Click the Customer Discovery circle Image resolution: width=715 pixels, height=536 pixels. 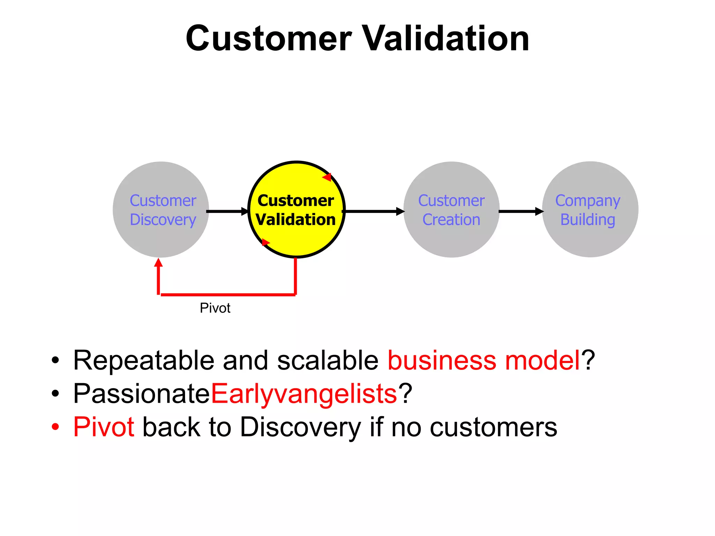point(161,210)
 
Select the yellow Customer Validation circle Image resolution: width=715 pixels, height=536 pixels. point(296,210)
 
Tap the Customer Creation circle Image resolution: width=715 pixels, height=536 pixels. point(451,210)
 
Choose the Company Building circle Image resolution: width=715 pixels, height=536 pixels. point(590,210)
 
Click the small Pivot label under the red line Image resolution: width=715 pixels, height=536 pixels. point(215,308)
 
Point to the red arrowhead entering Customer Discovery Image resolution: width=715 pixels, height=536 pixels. point(159,262)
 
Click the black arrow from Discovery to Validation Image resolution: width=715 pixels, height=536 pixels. point(227,211)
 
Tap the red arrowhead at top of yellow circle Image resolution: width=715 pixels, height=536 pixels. point(327,177)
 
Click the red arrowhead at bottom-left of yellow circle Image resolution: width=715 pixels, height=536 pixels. point(265,242)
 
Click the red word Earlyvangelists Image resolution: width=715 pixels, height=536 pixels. point(304,394)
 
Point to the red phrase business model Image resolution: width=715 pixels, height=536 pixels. point(484,360)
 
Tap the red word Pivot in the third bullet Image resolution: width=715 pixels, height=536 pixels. point(104,427)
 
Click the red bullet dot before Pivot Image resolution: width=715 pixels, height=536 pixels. point(55,427)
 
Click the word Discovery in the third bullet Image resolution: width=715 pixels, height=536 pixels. point(301,427)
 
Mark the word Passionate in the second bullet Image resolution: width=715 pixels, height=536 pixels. point(141,394)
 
